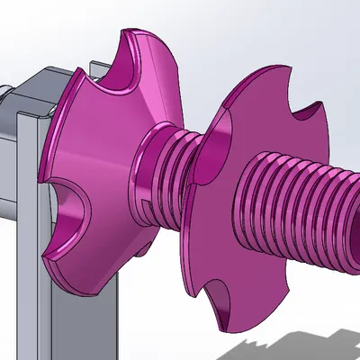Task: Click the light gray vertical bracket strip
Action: tap(26, 225)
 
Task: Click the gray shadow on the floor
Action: tap(288, 346)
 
